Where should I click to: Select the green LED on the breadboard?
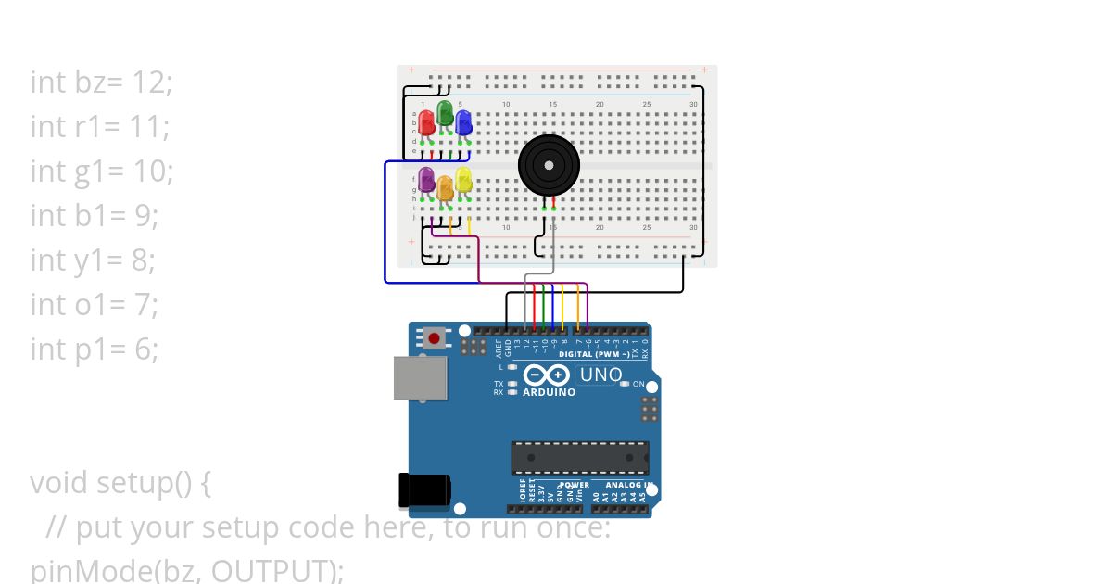(x=445, y=114)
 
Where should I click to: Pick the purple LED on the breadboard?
(x=427, y=180)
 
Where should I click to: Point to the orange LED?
(x=445, y=188)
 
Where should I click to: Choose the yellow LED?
(x=463, y=180)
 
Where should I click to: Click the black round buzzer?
(x=549, y=165)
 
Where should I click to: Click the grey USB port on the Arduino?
(x=420, y=379)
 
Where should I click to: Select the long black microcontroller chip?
(x=580, y=457)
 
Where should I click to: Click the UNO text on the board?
(x=600, y=375)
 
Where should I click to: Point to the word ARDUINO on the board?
(x=549, y=392)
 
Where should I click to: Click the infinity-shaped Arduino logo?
(x=547, y=375)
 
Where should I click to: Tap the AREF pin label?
(x=498, y=348)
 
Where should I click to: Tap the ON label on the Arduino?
(x=638, y=384)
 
